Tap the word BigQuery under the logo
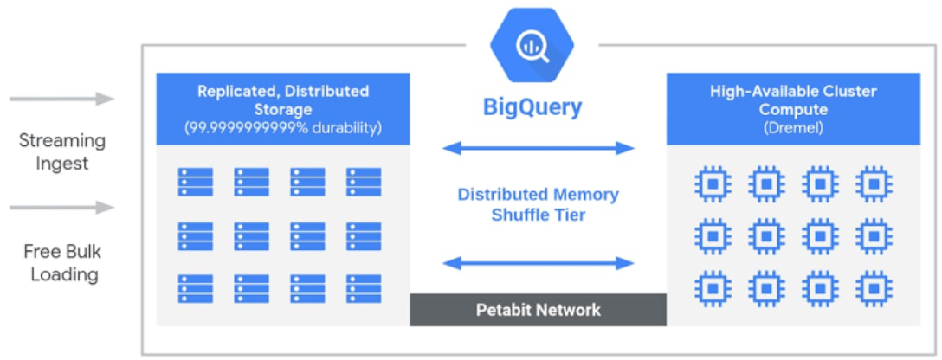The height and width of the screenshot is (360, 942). tap(532, 108)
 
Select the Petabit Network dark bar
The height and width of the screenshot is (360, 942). tap(538, 309)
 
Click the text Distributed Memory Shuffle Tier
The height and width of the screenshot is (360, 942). tap(538, 204)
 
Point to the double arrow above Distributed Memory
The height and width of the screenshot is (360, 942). tap(539, 148)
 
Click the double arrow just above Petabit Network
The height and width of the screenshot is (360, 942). tap(539, 262)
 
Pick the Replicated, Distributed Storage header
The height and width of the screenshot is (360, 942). tap(283, 100)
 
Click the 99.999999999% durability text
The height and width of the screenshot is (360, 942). tap(283, 128)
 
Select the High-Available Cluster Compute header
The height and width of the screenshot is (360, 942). tap(793, 100)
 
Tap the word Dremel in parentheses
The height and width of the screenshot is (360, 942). tap(793, 128)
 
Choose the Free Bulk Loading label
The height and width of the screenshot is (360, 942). tap(62, 263)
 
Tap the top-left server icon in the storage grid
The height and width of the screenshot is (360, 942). tap(196, 183)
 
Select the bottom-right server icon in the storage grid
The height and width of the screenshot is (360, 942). tap(364, 288)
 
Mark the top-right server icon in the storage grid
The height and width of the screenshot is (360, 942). tap(364, 183)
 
